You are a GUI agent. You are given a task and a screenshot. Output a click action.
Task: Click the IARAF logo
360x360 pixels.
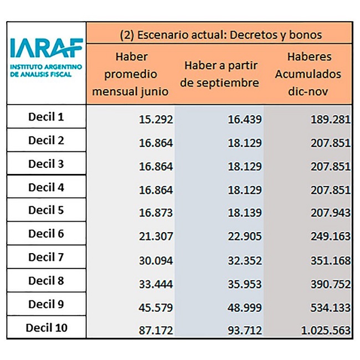click(47, 58)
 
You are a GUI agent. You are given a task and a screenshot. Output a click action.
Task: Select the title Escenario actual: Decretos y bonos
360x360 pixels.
click(221, 35)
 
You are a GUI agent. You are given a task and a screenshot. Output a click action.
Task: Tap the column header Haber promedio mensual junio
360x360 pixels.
click(130, 74)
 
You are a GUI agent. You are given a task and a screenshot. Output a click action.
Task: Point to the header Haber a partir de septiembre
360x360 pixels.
click(219, 74)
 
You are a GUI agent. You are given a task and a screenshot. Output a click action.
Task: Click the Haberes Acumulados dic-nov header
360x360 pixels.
click(308, 74)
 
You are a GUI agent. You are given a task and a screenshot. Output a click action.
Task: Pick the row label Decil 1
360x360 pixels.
click(46, 117)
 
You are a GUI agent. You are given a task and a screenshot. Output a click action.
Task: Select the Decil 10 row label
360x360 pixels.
click(47, 327)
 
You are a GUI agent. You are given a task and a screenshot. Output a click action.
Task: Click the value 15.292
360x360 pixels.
click(156, 120)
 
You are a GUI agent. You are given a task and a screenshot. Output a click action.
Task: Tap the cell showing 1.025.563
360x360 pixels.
click(326, 331)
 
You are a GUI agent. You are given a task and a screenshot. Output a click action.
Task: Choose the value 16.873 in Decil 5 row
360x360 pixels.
click(156, 213)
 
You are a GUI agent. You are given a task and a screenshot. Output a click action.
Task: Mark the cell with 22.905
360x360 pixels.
click(245, 236)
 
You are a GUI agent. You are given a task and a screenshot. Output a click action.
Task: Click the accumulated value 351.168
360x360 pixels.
click(331, 261)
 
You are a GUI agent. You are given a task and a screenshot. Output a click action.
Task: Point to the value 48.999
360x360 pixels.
click(245, 307)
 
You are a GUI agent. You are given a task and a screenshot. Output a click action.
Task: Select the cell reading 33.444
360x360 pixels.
click(156, 284)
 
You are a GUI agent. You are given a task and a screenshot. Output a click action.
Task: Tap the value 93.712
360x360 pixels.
click(245, 331)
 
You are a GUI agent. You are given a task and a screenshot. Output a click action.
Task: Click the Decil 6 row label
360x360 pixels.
click(46, 234)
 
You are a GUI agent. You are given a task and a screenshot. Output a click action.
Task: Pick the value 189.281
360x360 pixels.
click(331, 120)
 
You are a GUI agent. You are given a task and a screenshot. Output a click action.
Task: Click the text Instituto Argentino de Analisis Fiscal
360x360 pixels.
click(46, 70)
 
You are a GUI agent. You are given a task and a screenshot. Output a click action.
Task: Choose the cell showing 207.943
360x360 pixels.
click(331, 213)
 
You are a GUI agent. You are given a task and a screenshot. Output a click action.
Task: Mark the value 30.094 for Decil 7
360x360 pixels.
click(156, 261)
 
